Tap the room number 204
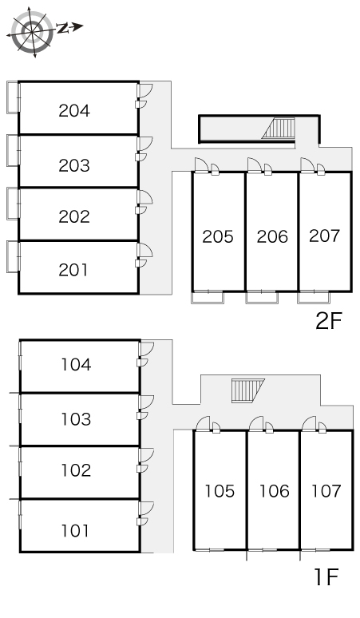pos(74,111)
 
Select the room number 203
pos(74,165)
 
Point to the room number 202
pos(74,216)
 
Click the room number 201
pos(73,270)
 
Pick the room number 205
pos(218,236)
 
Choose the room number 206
pos(272,236)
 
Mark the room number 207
pos(324,236)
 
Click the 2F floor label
pos(329,321)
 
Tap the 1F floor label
pos(326,577)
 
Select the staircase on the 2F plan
pos(279,129)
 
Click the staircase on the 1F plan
pos(247,390)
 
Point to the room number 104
pos(76,365)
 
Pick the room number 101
pos(75,531)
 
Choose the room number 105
pos(220,491)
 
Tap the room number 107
pos(326,491)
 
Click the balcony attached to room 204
pos(13,97)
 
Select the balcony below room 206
pos(262,297)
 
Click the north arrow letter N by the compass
pos(62,28)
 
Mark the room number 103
pos(76,419)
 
